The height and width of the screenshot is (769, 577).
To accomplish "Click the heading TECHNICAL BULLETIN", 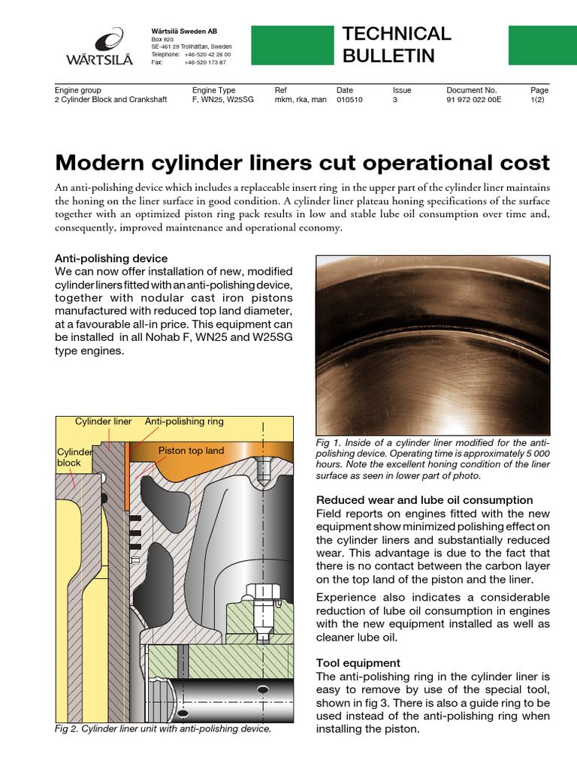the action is [396, 44].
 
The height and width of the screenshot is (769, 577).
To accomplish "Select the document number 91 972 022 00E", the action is [473, 99].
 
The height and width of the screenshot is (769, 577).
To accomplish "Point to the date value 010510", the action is [349, 99].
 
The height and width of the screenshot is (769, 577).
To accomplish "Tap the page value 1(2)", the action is [539, 99].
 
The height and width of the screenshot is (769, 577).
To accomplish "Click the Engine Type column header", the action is [213, 90].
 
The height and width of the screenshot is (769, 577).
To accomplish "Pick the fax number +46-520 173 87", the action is [204, 62].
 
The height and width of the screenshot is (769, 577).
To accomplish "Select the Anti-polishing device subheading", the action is [111, 258].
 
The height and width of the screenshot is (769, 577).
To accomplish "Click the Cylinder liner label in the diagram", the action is [103, 421].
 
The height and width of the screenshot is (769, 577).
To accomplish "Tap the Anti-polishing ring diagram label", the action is [184, 421].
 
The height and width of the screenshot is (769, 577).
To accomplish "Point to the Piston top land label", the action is [191, 451].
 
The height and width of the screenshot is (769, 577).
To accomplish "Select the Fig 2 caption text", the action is [163, 728].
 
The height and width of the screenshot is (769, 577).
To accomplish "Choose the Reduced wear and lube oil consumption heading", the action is [424, 499].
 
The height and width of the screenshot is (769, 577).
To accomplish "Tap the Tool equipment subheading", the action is [358, 663].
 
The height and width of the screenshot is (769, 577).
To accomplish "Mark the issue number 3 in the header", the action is [395, 99].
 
